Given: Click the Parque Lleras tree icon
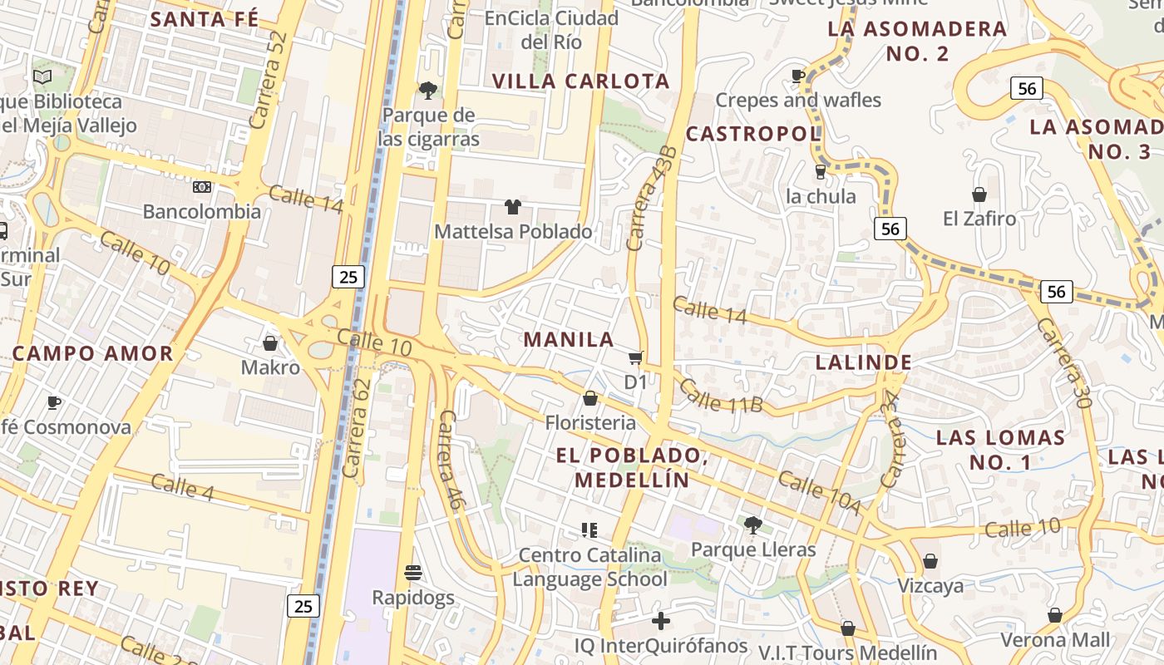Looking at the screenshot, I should (x=753, y=525).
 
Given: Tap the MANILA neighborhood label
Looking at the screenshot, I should (x=569, y=339).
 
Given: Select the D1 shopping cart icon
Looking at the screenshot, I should (x=636, y=357).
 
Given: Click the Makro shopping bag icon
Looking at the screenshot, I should (x=270, y=342).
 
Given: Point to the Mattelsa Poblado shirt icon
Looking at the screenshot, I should (x=513, y=206).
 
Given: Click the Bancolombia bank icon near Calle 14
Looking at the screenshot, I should (x=202, y=187).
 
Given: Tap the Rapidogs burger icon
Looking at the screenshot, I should (x=413, y=572).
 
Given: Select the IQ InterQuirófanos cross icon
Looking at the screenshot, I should (x=661, y=620).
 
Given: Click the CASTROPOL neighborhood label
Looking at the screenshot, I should (x=752, y=133).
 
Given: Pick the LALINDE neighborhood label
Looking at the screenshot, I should (x=864, y=362).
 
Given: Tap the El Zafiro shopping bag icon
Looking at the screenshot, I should (x=979, y=195).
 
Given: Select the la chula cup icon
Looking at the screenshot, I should (x=821, y=171).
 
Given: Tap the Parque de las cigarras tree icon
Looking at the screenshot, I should (x=428, y=90).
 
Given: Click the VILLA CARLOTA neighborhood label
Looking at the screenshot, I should (x=580, y=81).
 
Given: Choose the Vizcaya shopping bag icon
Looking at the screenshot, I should (x=930, y=561).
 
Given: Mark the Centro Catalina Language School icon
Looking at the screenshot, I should (x=589, y=530).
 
